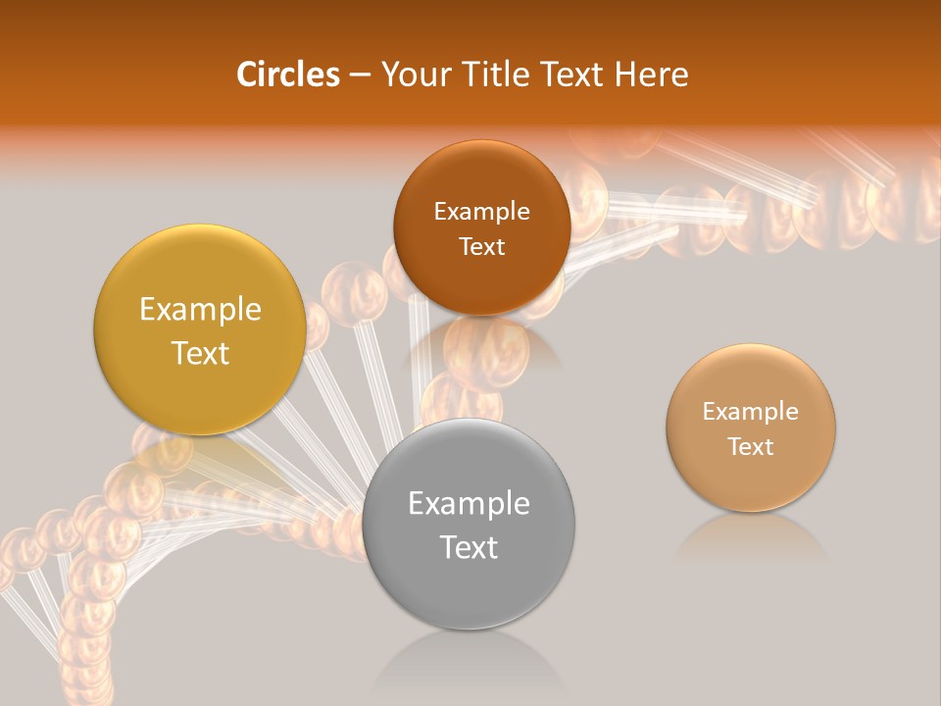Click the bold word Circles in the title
click(x=288, y=75)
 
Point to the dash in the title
click(x=360, y=76)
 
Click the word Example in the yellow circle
click(x=200, y=310)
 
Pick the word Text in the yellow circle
click(x=200, y=353)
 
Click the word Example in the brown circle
click(x=481, y=212)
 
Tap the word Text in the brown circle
click(x=481, y=246)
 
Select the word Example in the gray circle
click(x=469, y=504)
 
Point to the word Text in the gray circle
click(x=469, y=547)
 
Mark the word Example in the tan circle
click(x=751, y=412)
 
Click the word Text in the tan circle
click(x=751, y=446)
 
